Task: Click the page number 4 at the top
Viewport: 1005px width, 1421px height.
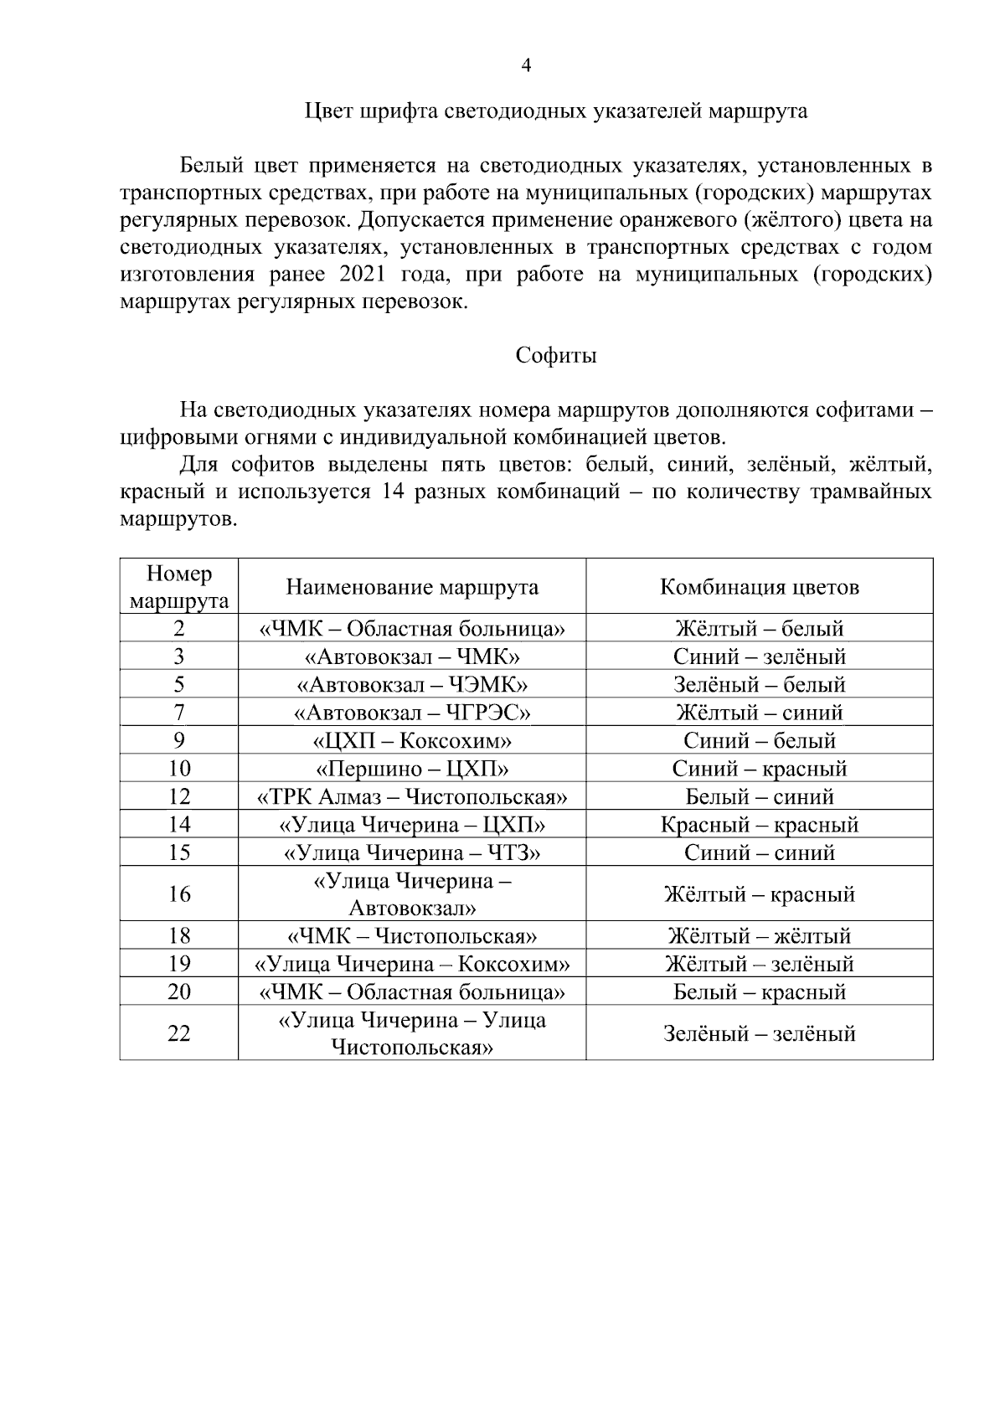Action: point(526,66)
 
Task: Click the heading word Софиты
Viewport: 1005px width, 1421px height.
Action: point(555,356)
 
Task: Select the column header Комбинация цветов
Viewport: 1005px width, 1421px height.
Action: point(759,587)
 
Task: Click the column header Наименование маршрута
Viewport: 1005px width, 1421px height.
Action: point(412,587)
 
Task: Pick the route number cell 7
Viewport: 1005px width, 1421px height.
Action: point(179,713)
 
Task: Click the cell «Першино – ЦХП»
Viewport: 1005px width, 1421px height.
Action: point(412,769)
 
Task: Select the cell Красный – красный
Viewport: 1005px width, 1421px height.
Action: point(759,825)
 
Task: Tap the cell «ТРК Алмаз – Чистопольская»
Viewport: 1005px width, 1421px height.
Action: point(412,796)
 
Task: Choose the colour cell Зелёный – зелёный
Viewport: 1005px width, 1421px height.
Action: point(759,1033)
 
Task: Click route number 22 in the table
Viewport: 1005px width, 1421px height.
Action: point(179,1033)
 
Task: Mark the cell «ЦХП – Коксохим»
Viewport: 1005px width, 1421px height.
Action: point(412,741)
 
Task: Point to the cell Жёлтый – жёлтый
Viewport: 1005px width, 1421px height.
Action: point(759,935)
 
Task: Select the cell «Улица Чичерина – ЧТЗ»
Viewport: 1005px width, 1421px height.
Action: point(412,852)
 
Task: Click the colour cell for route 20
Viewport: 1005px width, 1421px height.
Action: point(759,992)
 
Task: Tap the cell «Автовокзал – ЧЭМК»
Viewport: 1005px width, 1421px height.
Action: point(412,685)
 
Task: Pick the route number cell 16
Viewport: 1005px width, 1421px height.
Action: point(179,894)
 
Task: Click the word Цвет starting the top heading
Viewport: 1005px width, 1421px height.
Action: point(325,111)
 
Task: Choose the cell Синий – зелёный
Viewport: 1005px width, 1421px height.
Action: point(759,656)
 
